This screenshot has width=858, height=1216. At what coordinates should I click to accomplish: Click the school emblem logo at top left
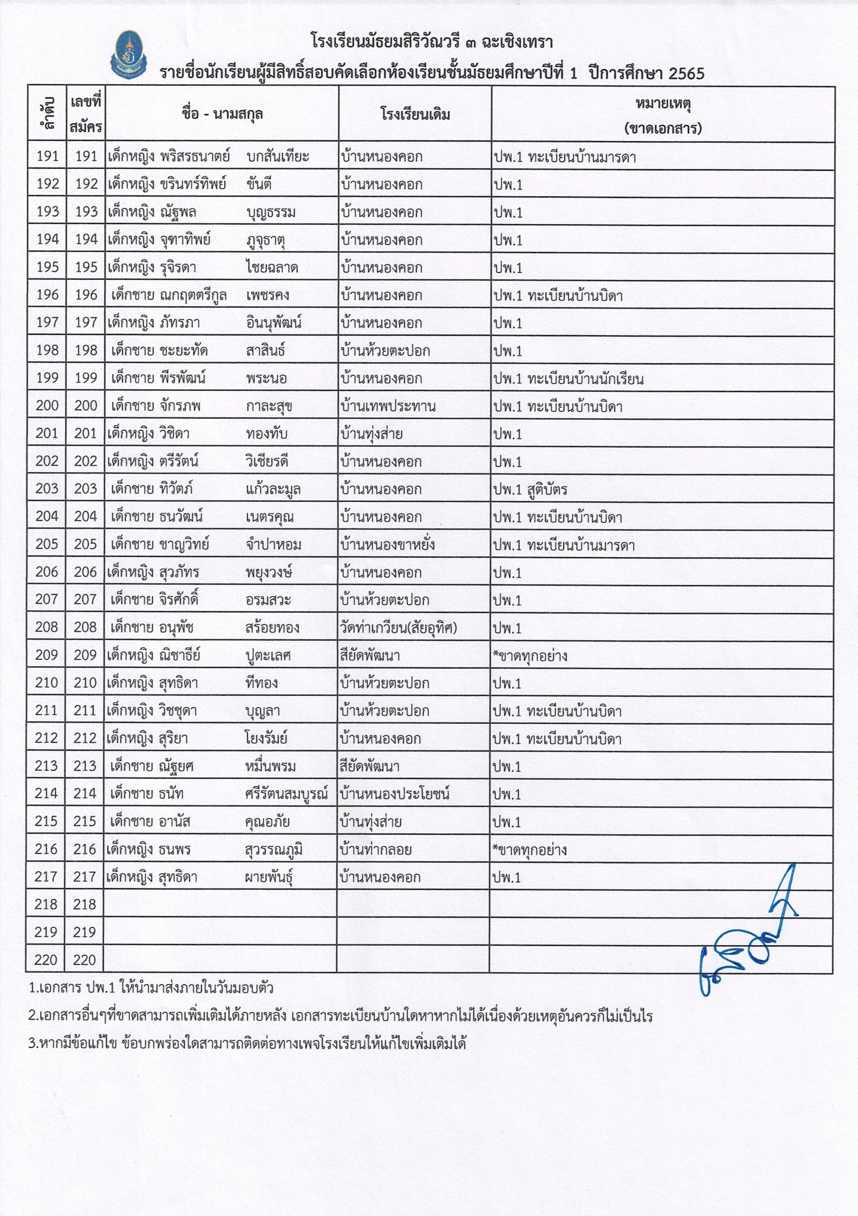(128, 54)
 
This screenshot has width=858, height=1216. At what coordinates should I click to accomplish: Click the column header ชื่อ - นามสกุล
(222, 114)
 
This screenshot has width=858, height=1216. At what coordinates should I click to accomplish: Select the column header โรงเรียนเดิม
(415, 114)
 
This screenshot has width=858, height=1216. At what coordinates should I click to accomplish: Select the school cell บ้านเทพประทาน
(387, 406)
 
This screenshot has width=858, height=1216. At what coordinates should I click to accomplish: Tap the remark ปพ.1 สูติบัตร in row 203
(530, 489)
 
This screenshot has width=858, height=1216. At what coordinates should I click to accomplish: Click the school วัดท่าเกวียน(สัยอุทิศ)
(398, 628)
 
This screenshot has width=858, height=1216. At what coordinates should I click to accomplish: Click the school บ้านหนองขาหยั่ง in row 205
(387, 544)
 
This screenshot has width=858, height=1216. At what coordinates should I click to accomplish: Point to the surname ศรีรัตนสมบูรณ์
(286, 794)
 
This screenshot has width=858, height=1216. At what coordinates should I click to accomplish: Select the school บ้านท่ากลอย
(375, 850)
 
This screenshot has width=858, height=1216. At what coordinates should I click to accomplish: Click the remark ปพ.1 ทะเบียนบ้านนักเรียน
(568, 379)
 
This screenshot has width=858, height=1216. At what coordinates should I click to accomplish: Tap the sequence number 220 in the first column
(46, 960)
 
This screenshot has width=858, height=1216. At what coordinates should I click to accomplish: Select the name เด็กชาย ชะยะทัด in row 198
(159, 350)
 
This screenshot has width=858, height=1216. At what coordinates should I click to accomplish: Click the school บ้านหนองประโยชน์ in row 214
(394, 794)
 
